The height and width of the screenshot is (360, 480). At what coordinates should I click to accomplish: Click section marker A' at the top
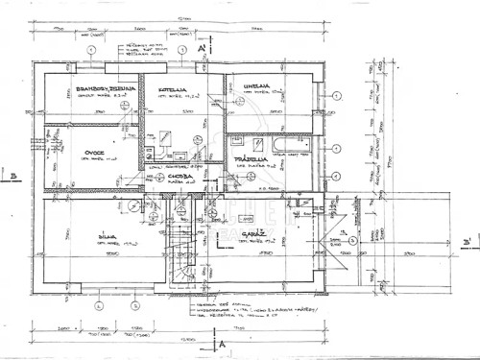pos(203,46)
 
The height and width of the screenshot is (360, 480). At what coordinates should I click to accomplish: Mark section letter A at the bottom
pos(223,340)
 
